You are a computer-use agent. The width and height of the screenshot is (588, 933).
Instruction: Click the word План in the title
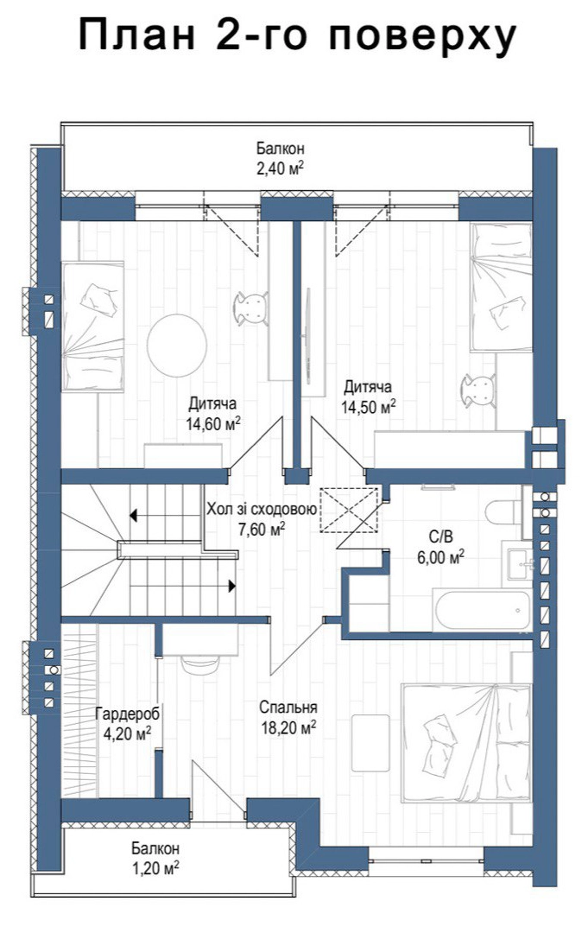(x=136, y=36)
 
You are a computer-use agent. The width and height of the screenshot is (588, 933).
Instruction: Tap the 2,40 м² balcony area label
(x=280, y=169)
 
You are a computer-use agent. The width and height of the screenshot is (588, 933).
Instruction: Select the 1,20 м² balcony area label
(x=155, y=869)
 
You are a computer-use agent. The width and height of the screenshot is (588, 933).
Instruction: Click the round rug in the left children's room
(x=177, y=345)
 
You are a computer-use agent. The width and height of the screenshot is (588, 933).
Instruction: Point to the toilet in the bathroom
(x=503, y=512)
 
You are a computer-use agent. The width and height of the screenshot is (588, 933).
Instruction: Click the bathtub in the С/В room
(x=482, y=611)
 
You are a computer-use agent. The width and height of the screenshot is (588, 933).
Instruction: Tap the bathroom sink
(x=519, y=560)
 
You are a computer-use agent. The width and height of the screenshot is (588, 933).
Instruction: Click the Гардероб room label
(x=127, y=713)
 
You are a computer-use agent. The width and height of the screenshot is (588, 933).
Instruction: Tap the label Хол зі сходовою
(x=261, y=510)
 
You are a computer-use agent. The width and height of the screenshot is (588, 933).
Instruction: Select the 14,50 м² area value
(x=368, y=407)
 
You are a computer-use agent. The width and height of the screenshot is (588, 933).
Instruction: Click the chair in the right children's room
(x=480, y=391)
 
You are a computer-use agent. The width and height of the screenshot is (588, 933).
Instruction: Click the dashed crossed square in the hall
(x=349, y=510)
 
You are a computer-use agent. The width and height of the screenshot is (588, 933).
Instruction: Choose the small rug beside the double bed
(x=370, y=743)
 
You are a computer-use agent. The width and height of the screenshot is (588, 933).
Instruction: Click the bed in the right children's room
(x=501, y=287)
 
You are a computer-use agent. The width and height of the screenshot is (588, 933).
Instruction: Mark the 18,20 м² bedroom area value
(x=288, y=727)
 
